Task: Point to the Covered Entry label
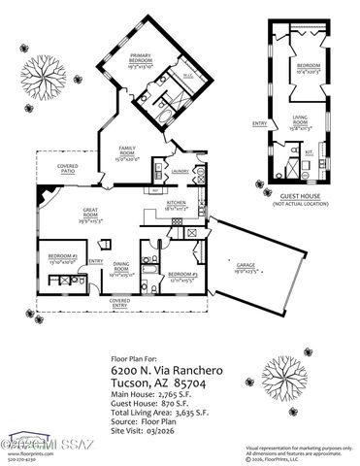click(x=119, y=303)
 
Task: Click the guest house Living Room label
click(x=308, y=121)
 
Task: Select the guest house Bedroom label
click(x=309, y=67)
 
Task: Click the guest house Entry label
click(x=259, y=123)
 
